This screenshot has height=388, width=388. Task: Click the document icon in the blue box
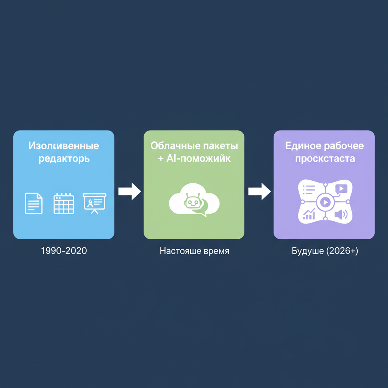tap(34, 203)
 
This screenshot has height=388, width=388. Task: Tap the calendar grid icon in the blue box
tap(64, 203)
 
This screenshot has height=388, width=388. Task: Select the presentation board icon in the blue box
tap(94, 203)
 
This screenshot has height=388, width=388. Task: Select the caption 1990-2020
tap(64, 251)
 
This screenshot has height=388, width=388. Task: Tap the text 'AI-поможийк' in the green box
tap(199, 159)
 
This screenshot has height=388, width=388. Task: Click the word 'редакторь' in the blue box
tap(64, 159)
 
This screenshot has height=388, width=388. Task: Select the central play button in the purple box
tap(324, 202)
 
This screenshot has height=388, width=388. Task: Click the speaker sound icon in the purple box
tap(340, 215)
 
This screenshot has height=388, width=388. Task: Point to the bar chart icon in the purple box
tap(310, 215)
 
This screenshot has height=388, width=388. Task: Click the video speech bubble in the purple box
tap(341, 189)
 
